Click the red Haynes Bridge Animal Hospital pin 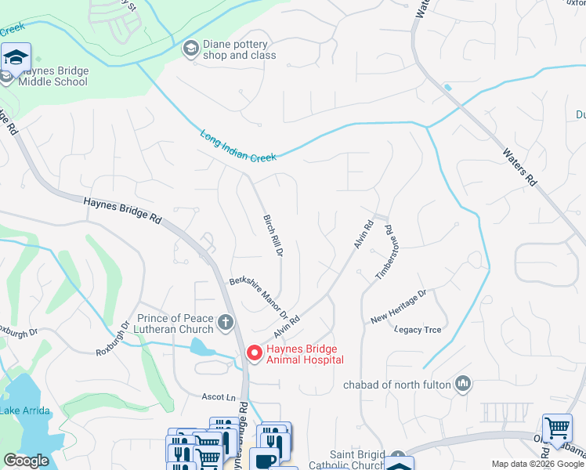click(254, 353)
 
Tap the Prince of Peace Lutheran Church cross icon click(226, 322)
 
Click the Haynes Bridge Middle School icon click(15, 57)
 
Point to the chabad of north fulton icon click(463, 383)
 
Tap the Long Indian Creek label click(238, 146)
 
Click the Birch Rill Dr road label click(273, 236)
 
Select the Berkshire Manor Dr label click(259, 295)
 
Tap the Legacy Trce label click(418, 330)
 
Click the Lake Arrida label click(25, 410)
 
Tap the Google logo click(26, 461)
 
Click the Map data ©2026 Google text click(537, 464)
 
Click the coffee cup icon click(264, 460)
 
